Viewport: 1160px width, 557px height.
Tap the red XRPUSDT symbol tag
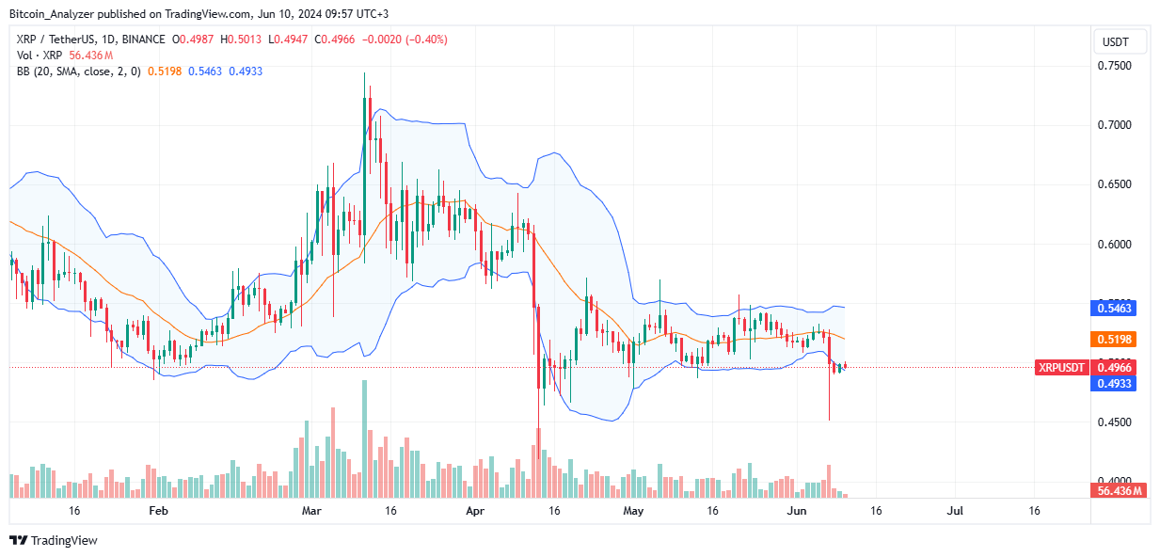[x=1060, y=368]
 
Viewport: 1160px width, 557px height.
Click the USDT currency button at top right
[x=1120, y=41]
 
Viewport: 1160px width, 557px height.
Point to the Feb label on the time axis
[x=158, y=511]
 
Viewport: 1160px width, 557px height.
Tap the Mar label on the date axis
[x=312, y=511]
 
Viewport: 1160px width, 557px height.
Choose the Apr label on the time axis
[x=475, y=511]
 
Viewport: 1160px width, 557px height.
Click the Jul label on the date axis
[x=955, y=511]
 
